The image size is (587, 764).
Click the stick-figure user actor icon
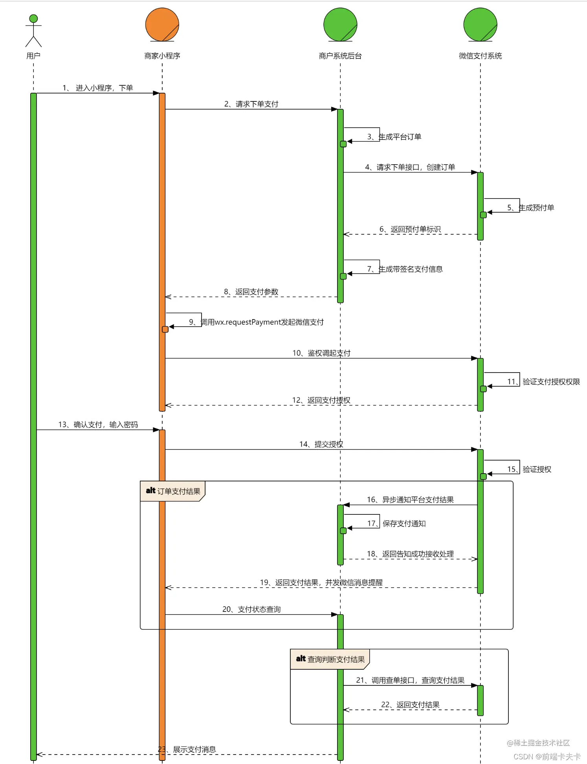pos(33,31)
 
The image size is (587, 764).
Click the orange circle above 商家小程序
pos(162,24)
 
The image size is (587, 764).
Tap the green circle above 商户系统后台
pos(340,24)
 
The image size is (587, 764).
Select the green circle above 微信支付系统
pos(480,24)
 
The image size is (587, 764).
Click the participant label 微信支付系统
pos(480,56)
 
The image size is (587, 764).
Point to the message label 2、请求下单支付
pos(251,104)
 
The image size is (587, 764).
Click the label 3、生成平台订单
pos(394,137)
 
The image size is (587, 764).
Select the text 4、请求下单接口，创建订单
pos(410,167)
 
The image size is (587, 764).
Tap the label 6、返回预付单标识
pos(410,229)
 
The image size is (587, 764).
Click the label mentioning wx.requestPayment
pos(257,322)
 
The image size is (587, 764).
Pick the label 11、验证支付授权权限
pos(543,382)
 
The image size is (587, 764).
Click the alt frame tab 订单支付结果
pos(173,491)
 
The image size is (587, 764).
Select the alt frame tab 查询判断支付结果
pos(330,659)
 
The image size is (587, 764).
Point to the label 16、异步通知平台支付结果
pos(410,500)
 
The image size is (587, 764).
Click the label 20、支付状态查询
pos(251,610)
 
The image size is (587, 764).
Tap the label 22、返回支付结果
pos(410,705)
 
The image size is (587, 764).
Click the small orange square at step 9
pos(165,329)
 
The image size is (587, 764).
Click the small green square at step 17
pos(343,531)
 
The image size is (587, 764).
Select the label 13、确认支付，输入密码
pos(98,425)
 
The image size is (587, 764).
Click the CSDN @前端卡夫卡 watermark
pos(547,757)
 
